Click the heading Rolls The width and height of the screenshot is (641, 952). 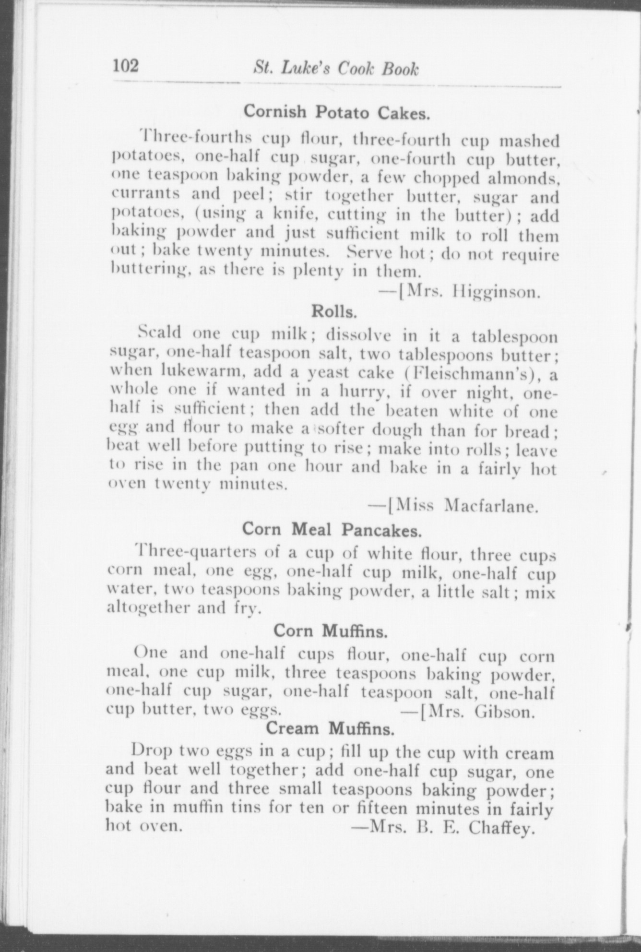coord(334,311)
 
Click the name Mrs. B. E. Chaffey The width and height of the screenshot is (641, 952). coord(449,828)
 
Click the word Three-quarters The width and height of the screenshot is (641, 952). coord(195,552)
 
